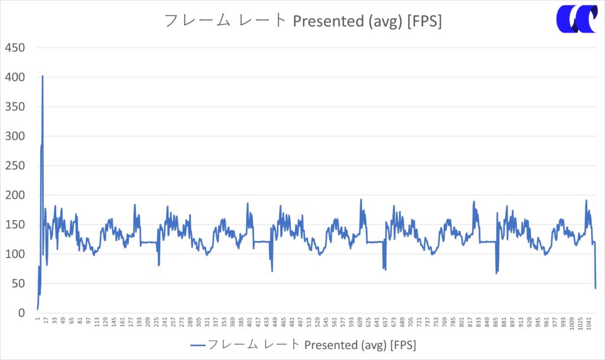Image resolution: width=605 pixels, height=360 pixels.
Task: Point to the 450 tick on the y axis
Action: (x=15, y=48)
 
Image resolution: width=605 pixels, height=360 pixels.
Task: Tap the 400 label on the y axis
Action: (x=15, y=77)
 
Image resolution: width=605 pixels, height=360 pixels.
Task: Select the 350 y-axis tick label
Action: (x=15, y=107)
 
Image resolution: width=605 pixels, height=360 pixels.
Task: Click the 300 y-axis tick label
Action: (x=15, y=137)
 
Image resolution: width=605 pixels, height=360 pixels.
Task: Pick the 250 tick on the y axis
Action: (x=15, y=166)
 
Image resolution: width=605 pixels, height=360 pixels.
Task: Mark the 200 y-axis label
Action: (x=15, y=196)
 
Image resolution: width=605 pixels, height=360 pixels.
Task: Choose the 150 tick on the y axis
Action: (x=15, y=225)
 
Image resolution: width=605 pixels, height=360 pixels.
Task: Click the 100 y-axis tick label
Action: (x=15, y=254)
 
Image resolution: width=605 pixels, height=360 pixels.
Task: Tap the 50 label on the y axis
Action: (x=18, y=284)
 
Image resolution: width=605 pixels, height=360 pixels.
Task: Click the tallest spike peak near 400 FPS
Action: (x=43, y=76)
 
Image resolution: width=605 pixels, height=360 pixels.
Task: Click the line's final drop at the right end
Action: (x=596, y=288)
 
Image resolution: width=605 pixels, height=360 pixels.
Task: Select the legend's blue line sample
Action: (x=198, y=345)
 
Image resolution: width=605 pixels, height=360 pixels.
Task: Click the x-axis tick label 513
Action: (x=309, y=323)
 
